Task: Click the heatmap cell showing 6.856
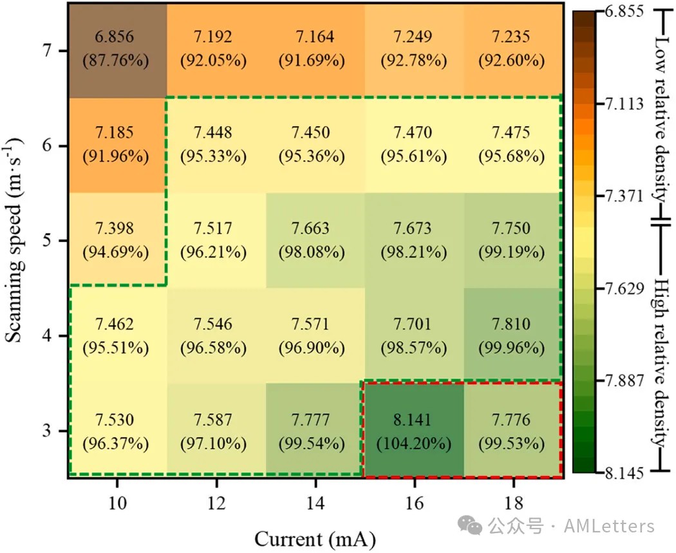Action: (x=117, y=50)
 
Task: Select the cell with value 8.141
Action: (x=413, y=431)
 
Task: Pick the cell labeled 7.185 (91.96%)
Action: (x=117, y=145)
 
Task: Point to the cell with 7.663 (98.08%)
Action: (x=315, y=241)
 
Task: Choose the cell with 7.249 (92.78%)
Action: (x=413, y=50)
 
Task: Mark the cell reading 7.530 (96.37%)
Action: (x=117, y=431)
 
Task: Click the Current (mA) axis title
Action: (x=315, y=538)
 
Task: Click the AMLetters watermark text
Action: (x=608, y=526)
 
